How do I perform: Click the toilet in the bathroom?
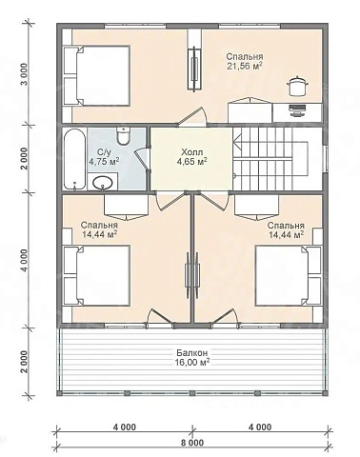point(123,135)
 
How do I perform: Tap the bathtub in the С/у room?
point(74,159)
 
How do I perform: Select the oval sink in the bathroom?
point(103,184)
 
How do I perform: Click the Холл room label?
point(191,152)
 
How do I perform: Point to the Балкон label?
point(192,353)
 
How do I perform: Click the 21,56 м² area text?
point(245,66)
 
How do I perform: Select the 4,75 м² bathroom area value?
point(104,162)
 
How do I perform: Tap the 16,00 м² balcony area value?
point(192,362)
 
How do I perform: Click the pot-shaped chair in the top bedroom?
point(297,85)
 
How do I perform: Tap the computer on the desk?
point(297,109)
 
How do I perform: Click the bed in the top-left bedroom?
point(97,75)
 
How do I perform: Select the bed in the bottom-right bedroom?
point(289,275)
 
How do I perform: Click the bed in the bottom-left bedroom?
point(97,275)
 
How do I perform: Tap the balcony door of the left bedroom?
point(160,318)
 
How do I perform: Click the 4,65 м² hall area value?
point(191,162)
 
